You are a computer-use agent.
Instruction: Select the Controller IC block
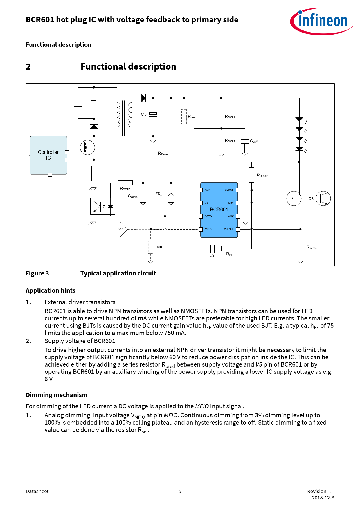[48, 155]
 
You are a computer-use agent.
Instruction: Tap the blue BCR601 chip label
[219, 210]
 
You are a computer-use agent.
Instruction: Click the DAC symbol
[120, 229]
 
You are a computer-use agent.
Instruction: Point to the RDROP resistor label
[262, 175]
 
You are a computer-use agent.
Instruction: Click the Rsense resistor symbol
[300, 247]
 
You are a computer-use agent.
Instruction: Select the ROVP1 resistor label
[230, 117]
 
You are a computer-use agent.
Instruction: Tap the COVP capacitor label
[254, 141]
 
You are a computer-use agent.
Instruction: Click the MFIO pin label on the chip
[208, 229]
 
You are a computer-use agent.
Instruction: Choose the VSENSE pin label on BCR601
[229, 229]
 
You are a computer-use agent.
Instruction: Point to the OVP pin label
[207, 190]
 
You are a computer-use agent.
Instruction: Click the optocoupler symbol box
[103, 206]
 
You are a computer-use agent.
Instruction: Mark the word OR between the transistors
[311, 199]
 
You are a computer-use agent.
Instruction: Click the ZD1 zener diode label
[159, 194]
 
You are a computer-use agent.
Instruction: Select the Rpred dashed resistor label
[192, 117]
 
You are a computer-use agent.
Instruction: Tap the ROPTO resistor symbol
[125, 183]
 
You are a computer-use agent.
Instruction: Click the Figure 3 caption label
[37, 273]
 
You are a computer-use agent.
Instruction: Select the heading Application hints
[51, 290]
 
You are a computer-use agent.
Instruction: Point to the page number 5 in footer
[180, 491]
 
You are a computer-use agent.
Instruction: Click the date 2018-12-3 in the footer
[323, 498]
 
